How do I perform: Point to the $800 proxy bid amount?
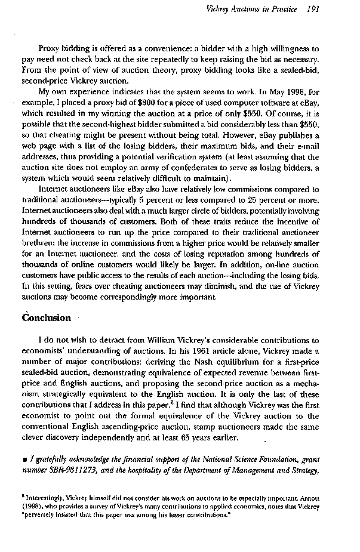pyautogui.click(x=156, y=103)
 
